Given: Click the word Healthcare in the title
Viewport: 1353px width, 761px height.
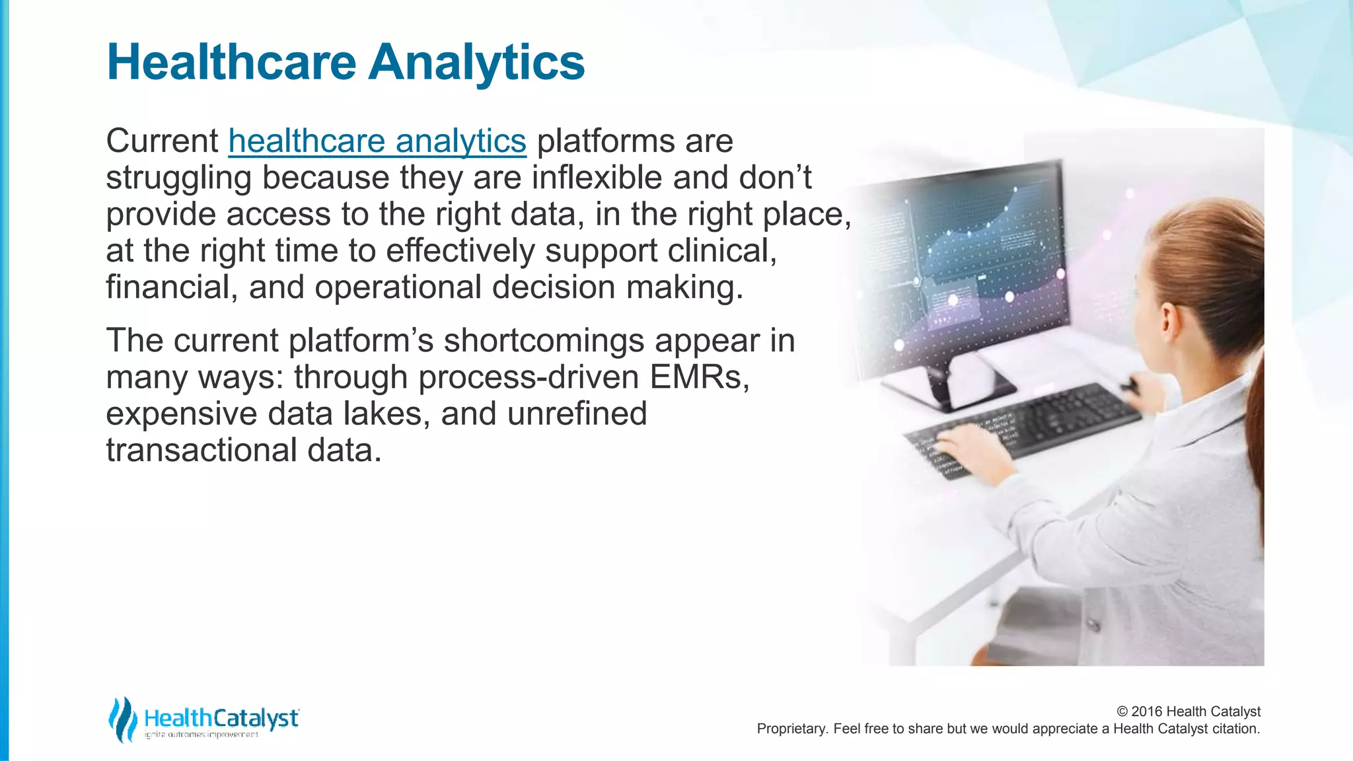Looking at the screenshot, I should (x=232, y=62).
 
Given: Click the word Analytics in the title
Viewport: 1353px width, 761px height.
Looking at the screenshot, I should (x=476, y=62).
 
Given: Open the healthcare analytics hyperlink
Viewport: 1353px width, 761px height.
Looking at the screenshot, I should (x=377, y=141).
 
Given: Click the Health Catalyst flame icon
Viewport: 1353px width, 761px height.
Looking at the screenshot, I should (x=123, y=719).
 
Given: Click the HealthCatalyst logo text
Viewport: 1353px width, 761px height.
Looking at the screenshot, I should (x=221, y=719).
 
